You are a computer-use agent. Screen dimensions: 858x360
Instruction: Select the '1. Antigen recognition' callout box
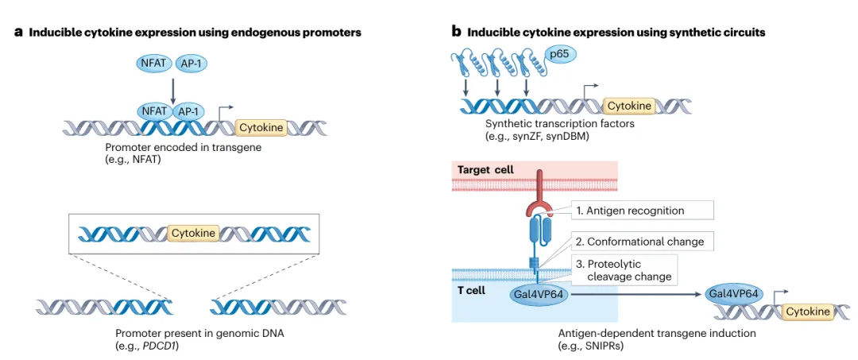pyautogui.click(x=631, y=210)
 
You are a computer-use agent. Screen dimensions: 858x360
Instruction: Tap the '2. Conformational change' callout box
pyautogui.click(x=642, y=241)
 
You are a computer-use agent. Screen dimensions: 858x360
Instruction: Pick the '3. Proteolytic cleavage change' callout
pyautogui.click(x=624, y=269)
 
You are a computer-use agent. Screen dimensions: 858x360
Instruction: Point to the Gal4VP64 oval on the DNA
pyautogui.click(x=733, y=294)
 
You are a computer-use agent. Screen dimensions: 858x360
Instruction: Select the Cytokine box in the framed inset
pyautogui.click(x=192, y=234)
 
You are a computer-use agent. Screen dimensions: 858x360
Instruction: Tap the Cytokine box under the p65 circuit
pyautogui.click(x=629, y=106)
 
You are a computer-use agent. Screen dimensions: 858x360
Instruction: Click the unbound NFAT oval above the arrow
pyautogui.click(x=153, y=64)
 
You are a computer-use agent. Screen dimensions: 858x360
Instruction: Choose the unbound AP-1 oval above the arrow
pyautogui.click(x=191, y=64)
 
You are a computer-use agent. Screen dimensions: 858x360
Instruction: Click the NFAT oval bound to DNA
pyautogui.click(x=153, y=111)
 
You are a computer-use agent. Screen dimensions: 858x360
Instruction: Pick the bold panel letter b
pyautogui.click(x=456, y=32)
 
